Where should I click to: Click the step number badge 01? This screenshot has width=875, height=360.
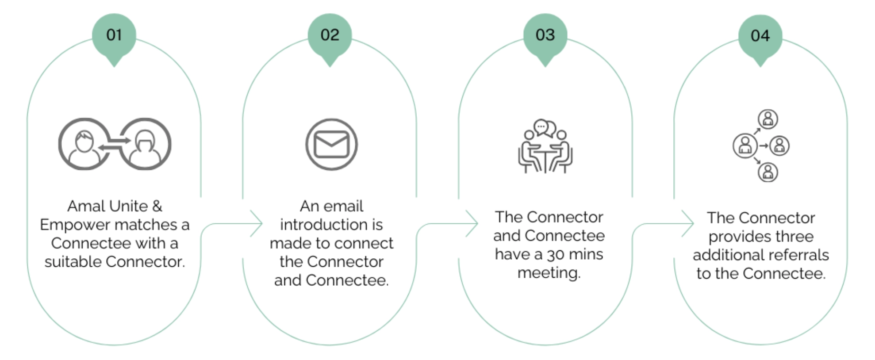click(x=114, y=35)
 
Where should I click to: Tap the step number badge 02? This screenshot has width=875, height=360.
click(x=330, y=35)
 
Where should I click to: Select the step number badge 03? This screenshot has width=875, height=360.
click(x=545, y=35)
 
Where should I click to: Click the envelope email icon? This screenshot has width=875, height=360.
click(x=331, y=145)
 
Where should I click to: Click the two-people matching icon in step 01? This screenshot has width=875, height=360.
click(x=115, y=144)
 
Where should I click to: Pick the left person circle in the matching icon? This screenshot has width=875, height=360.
click(x=84, y=144)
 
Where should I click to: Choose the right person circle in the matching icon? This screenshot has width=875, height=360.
click(x=145, y=144)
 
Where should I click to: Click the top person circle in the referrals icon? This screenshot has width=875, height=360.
click(x=768, y=119)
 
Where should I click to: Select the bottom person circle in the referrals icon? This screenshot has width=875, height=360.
click(x=768, y=172)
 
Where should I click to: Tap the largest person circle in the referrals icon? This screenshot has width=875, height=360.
click(x=745, y=146)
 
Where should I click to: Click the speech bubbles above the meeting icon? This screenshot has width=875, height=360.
click(x=545, y=128)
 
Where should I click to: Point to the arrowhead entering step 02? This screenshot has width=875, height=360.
click(x=257, y=224)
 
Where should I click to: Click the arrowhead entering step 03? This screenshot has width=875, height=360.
click(x=472, y=224)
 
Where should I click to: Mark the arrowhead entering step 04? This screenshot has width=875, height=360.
click(x=688, y=224)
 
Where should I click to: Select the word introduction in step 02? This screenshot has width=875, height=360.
click(x=331, y=225)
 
